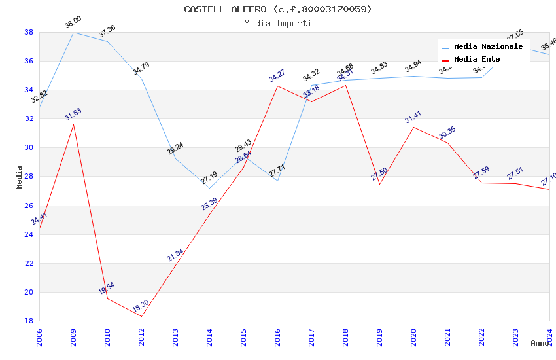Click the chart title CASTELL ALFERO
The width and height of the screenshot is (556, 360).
click(277, 9)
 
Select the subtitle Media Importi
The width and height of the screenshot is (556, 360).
click(277, 23)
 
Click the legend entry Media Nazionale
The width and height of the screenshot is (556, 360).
click(488, 46)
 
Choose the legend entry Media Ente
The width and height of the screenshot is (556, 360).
click(477, 59)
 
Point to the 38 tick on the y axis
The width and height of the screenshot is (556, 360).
click(29, 32)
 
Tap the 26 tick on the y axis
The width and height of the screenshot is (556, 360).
click(29, 206)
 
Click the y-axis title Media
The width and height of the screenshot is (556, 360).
click(20, 177)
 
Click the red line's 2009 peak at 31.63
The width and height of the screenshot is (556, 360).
click(73, 124)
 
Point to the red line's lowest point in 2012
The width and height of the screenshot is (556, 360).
click(141, 317)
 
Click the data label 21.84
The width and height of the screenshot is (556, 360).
click(175, 255)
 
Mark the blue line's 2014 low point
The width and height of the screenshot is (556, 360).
click(209, 189)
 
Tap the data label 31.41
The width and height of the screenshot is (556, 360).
click(413, 118)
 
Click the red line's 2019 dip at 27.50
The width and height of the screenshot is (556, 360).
click(379, 184)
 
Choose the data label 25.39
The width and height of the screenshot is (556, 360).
click(209, 204)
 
